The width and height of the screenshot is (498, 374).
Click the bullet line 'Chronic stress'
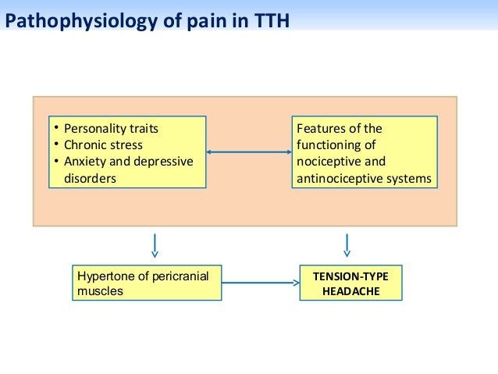[103, 144]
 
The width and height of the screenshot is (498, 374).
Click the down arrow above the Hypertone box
[155, 244]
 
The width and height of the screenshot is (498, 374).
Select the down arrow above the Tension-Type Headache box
[347, 244]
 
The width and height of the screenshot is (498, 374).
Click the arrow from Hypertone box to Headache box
[260, 283]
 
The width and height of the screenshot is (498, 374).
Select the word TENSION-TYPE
[350, 276]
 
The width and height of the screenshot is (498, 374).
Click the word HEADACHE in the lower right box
[350, 291]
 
